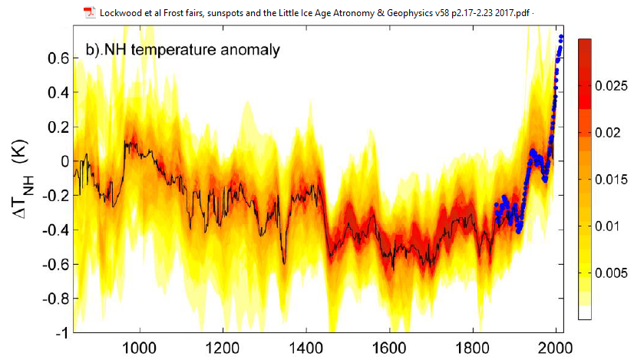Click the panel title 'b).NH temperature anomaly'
click(181, 51)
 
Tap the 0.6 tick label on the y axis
click(61, 58)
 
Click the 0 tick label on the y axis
click(66, 161)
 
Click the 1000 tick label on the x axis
click(139, 346)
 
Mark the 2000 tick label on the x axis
click(556, 346)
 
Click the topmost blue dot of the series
click(561, 37)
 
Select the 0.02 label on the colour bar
click(606, 134)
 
